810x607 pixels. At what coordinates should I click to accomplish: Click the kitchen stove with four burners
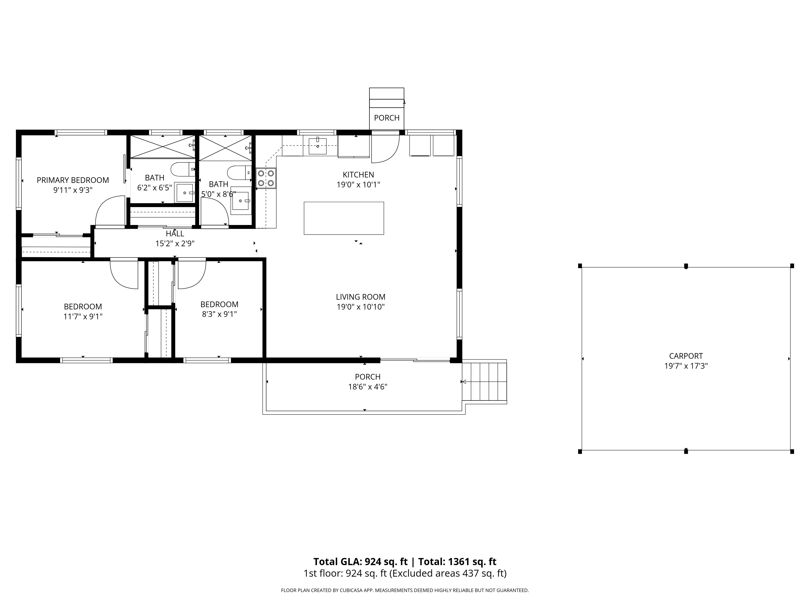(266, 178)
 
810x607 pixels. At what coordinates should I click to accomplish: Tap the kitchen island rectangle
(344, 218)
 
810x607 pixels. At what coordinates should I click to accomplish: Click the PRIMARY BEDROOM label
(73, 180)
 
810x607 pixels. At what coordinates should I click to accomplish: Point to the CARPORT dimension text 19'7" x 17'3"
(686, 366)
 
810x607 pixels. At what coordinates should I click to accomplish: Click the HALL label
(175, 233)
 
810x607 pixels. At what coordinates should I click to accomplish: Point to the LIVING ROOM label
(361, 297)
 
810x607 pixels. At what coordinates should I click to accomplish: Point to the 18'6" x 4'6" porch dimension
(368, 387)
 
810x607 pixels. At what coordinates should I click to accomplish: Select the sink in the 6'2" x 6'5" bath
(185, 192)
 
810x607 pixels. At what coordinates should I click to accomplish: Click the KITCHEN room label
(358, 175)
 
